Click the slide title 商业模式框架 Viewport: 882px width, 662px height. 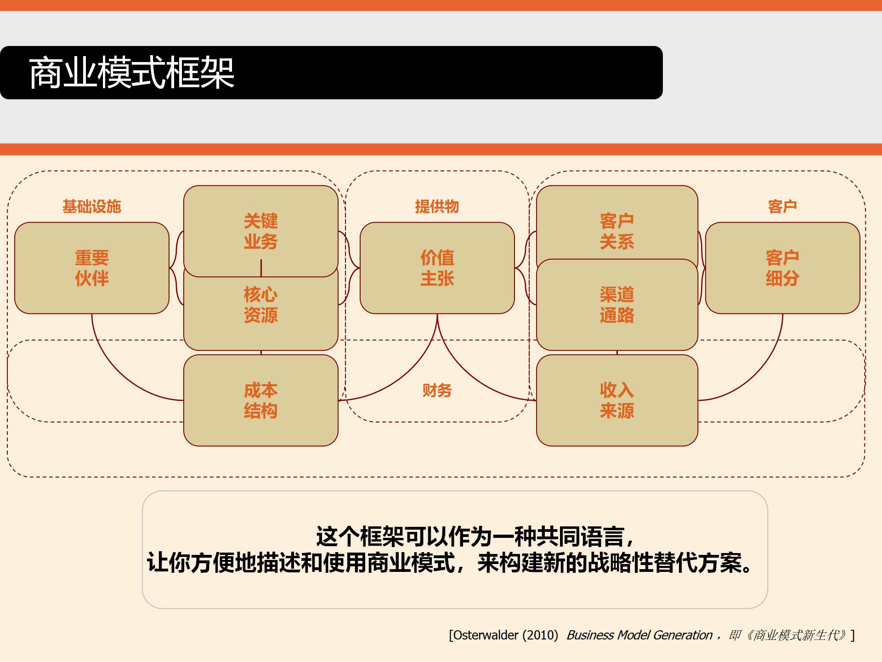(132, 73)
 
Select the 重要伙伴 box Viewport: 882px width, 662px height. (92, 268)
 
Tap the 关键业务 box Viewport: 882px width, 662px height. (260, 231)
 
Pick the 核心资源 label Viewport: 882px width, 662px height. (260, 305)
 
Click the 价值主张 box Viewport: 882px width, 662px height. (437, 268)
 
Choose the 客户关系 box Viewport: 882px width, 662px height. (616, 231)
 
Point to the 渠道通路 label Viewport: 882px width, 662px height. (616, 305)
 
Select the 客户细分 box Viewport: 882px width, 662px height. (782, 268)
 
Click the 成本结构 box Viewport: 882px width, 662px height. (260, 400)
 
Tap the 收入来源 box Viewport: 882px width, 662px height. (616, 400)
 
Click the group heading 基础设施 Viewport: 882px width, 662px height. (92, 206)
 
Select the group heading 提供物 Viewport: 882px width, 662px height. (437, 206)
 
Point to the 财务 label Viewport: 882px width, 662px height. (437, 390)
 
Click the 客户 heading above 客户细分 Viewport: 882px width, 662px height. (782, 206)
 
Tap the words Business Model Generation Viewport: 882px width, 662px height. (639, 635)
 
